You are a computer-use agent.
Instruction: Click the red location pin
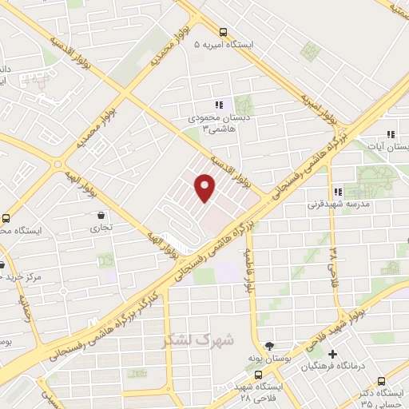click(x=205, y=187)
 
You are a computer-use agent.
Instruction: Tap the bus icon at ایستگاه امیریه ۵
click(x=223, y=33)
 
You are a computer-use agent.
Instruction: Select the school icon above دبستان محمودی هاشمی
click(x=217, y=105)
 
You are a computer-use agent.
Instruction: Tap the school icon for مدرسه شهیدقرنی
click(x=339, y=192)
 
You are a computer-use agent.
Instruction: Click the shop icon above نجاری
click(x=101, y=215)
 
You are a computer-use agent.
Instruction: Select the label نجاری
click(x=101, y=228)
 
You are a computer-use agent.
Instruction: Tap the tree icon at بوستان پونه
click(x=268, y=346)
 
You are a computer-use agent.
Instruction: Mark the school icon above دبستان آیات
click(x=390, y=134)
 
